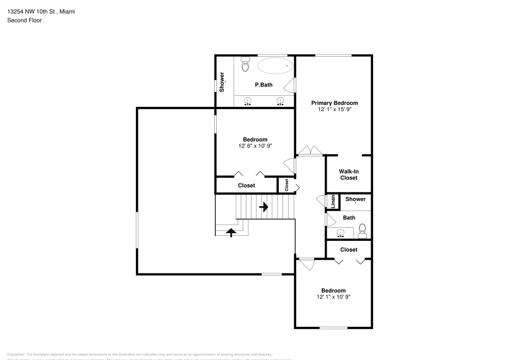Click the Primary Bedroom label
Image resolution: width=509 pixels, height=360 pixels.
pos(334,103)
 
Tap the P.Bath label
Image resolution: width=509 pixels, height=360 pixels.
pos(263,85)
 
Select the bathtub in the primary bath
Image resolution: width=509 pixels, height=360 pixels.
pos(275,66)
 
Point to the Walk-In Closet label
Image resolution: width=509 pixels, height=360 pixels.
pos(349,175)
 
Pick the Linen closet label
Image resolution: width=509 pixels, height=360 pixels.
pos(333,202)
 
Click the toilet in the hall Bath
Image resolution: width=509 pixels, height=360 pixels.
pos(363,231)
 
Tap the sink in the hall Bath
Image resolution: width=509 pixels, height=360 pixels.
pos(341,233)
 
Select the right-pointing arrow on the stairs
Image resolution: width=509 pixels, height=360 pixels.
pos(264,207)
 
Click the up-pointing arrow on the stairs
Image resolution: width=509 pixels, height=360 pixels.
pos(231,232)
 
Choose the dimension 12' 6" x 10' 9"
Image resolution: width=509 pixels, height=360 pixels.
pos(255,146)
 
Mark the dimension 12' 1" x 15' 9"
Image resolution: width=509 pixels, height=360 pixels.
pos(334,109)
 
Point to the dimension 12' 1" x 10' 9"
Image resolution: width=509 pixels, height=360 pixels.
pos(333,296)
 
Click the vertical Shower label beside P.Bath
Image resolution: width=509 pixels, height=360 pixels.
pos(222,82)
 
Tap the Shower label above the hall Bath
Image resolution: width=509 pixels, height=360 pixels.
pos(355,199)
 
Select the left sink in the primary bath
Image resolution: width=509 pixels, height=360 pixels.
pos(248,101)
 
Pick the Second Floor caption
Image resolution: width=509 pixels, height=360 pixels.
pos(24,20)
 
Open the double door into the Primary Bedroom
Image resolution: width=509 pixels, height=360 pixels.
pos(310,151)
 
